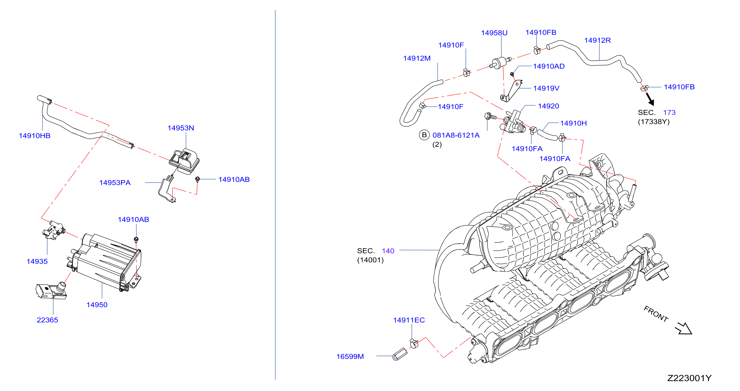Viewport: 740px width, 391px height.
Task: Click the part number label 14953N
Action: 181,128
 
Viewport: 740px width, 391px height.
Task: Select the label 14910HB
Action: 35,136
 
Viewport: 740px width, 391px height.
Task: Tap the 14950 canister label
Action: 97,305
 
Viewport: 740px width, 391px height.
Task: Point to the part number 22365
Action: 47,320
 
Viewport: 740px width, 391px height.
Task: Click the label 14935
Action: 37,261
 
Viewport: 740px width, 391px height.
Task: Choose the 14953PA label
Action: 115,183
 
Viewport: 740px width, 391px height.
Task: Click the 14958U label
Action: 494,33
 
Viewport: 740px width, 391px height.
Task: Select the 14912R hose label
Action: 597,40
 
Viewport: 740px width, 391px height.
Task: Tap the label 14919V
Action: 546,88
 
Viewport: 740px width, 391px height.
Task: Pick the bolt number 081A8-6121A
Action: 456,135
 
